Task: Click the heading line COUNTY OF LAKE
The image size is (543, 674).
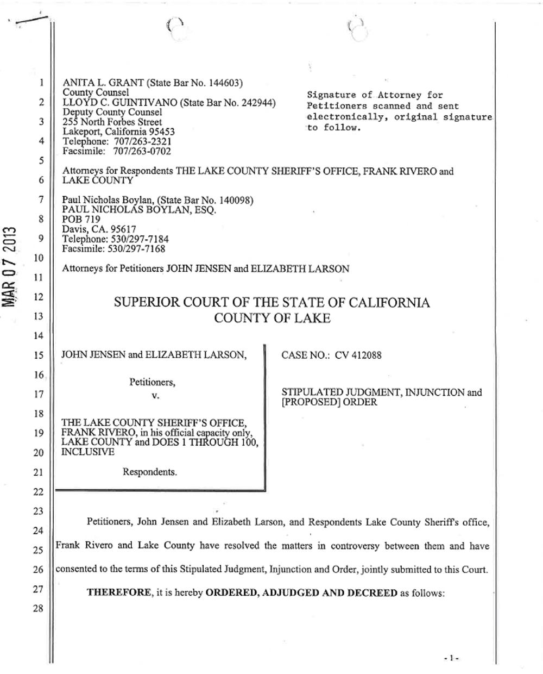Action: coord(271,319)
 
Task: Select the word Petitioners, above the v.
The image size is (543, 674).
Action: coord(152,383)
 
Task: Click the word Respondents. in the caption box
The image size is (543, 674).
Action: coord(150,472)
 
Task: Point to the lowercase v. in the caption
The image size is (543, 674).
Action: coord(155,396)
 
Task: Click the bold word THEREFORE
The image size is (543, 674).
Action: coord(118,593)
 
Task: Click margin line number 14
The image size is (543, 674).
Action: coord(37,336)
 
